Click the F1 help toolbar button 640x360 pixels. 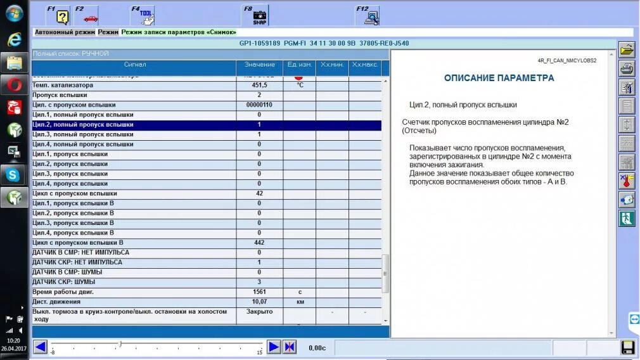(60, 15)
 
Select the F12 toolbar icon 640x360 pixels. (368, 15)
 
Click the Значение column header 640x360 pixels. (259, 65)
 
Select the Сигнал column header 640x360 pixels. (134, 65)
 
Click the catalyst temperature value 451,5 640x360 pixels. (259, 85)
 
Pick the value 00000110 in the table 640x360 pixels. (259, 105)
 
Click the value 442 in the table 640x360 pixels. (259, 243)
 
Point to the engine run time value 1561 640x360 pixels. (259, 292)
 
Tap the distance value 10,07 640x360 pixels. (259, 302)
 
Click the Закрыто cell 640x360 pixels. (259, 312)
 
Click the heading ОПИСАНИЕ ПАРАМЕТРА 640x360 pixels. (499, 78)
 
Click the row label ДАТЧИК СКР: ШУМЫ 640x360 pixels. (64, 282)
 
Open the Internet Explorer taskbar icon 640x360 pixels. (13, 39)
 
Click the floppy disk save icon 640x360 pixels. (627, 347)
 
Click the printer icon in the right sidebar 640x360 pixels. (626, 68)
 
